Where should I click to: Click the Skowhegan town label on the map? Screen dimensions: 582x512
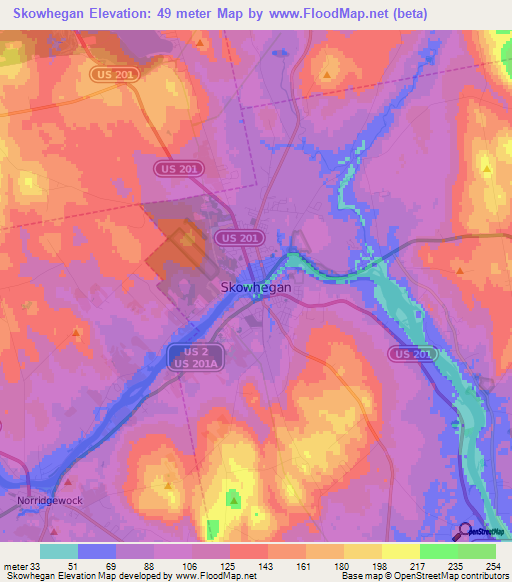(x=255, y=286)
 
